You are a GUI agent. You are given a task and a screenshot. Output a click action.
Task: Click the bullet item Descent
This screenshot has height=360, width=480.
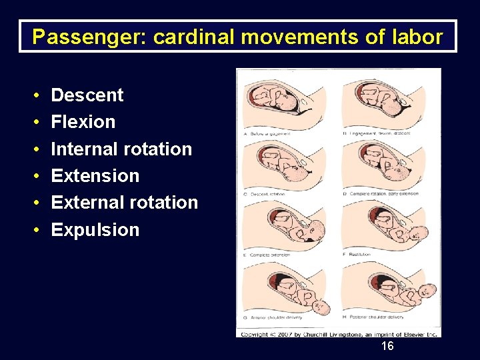[87, 95]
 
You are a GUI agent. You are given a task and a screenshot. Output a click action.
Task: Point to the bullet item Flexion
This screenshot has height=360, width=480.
[83, 122]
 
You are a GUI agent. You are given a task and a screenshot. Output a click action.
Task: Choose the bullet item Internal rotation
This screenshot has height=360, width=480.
[121, 149]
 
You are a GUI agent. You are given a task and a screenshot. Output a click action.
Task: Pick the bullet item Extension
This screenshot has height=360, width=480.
[95, 176]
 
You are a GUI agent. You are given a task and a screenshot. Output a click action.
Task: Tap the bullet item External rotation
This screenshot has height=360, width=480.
[125, 203]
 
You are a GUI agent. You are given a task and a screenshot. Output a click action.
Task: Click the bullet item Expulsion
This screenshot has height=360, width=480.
[95, 230]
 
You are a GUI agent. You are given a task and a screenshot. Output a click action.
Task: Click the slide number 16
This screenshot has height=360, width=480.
[387, 346]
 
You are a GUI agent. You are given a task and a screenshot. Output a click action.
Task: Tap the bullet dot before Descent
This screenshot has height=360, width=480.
[35, 95]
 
